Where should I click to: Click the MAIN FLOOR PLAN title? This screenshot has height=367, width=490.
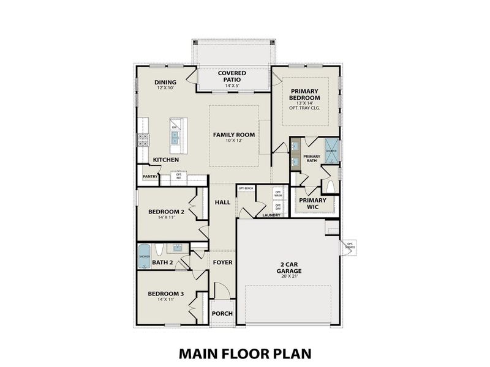click(x=245, y=353)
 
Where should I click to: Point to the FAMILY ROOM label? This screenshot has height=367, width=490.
click(x=233, y=135)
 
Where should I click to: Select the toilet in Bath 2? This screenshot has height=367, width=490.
click(x=159, y=250)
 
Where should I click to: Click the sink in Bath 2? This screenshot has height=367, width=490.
click(x=178, y=248)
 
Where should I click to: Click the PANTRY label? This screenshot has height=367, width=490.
click(x=150, y=177)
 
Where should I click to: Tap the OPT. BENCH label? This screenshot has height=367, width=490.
click(x=246, y=188)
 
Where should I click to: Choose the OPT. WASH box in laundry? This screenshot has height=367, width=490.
click(x=277, y=193)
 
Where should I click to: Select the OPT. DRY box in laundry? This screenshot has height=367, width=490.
click(x=277, y=207)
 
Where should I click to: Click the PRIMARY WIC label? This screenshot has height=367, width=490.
click(x=312, y=204)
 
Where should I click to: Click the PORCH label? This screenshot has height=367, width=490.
click(x=222, y=314)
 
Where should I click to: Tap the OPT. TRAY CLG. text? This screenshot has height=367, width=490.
click(x=305, y=109)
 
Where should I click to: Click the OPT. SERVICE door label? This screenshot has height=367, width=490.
click(x=350, y=245)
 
